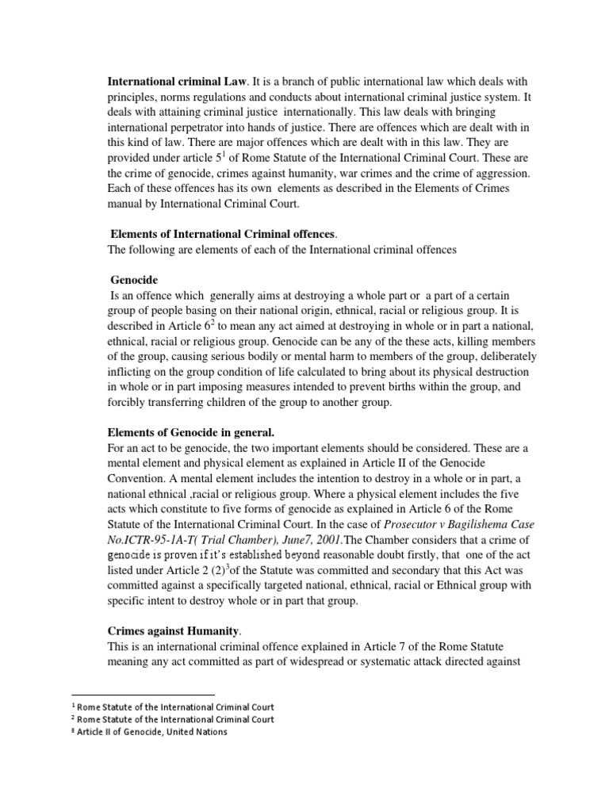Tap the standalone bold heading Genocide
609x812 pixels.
[134, 280]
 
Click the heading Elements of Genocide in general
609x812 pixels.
[190, 431]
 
